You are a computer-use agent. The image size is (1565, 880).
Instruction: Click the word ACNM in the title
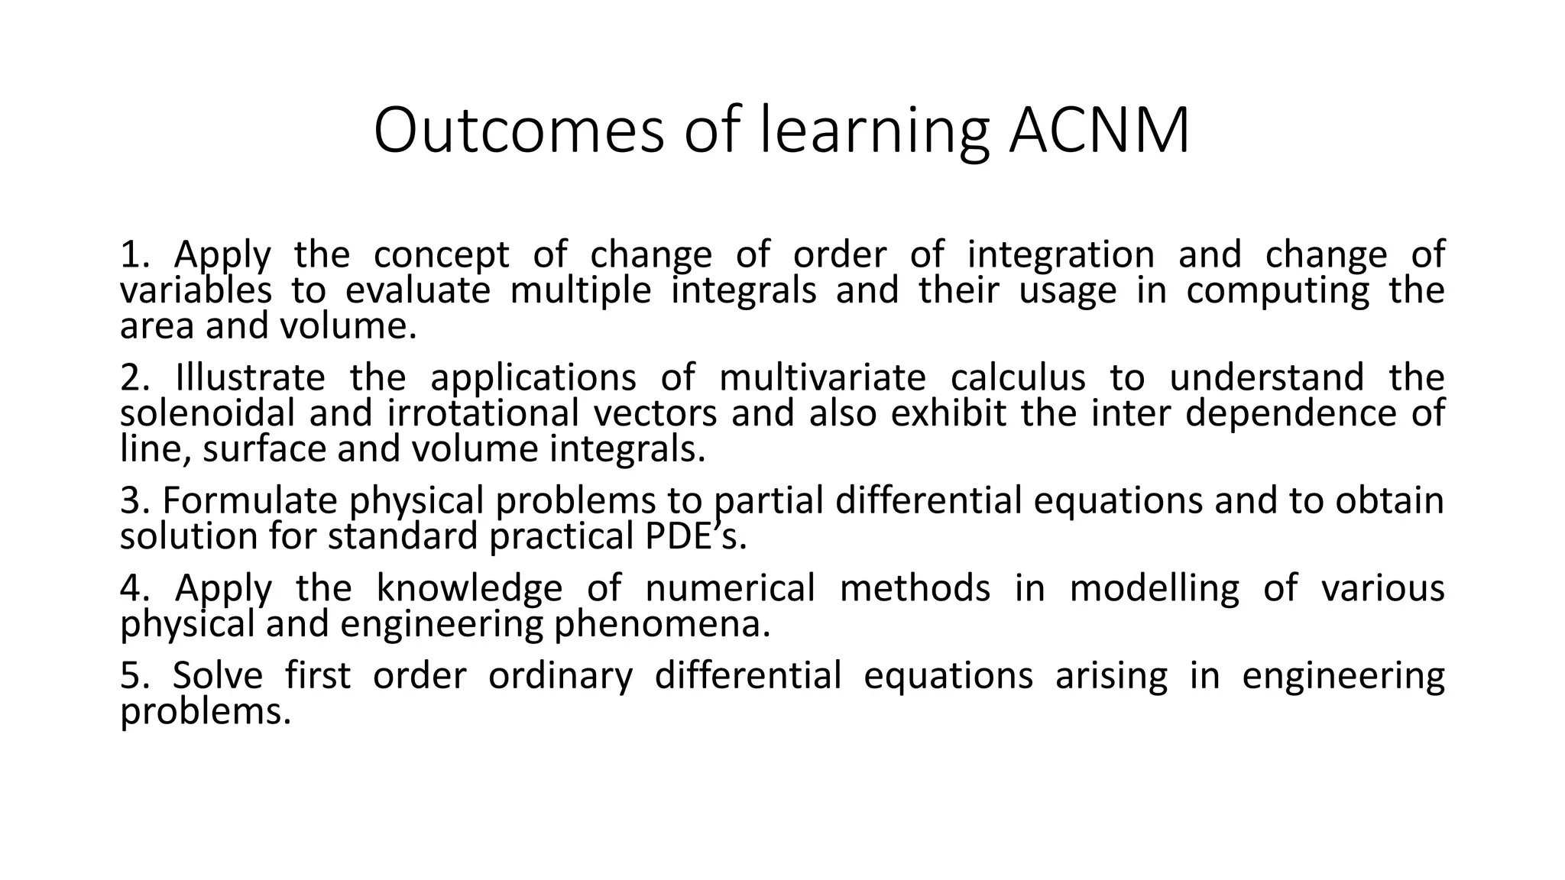tap(1098, 131)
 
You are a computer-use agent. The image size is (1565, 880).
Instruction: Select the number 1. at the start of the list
tap(134, 255)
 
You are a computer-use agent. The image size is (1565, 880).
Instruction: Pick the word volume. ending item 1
tap(348, 326)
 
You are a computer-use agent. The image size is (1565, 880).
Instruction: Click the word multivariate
tap(822, 378)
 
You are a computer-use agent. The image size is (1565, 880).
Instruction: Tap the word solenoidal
tap(207, 413)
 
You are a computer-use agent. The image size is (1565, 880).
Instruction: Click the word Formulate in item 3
tap(251, 501)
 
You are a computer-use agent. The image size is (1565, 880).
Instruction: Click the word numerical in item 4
tap(730, 588)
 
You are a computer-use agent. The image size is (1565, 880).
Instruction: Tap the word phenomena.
tap(662, 624)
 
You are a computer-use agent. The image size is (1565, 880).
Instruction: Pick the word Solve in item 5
tap(217, 676)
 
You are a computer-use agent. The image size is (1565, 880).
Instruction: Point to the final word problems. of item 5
tap(206, 712)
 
